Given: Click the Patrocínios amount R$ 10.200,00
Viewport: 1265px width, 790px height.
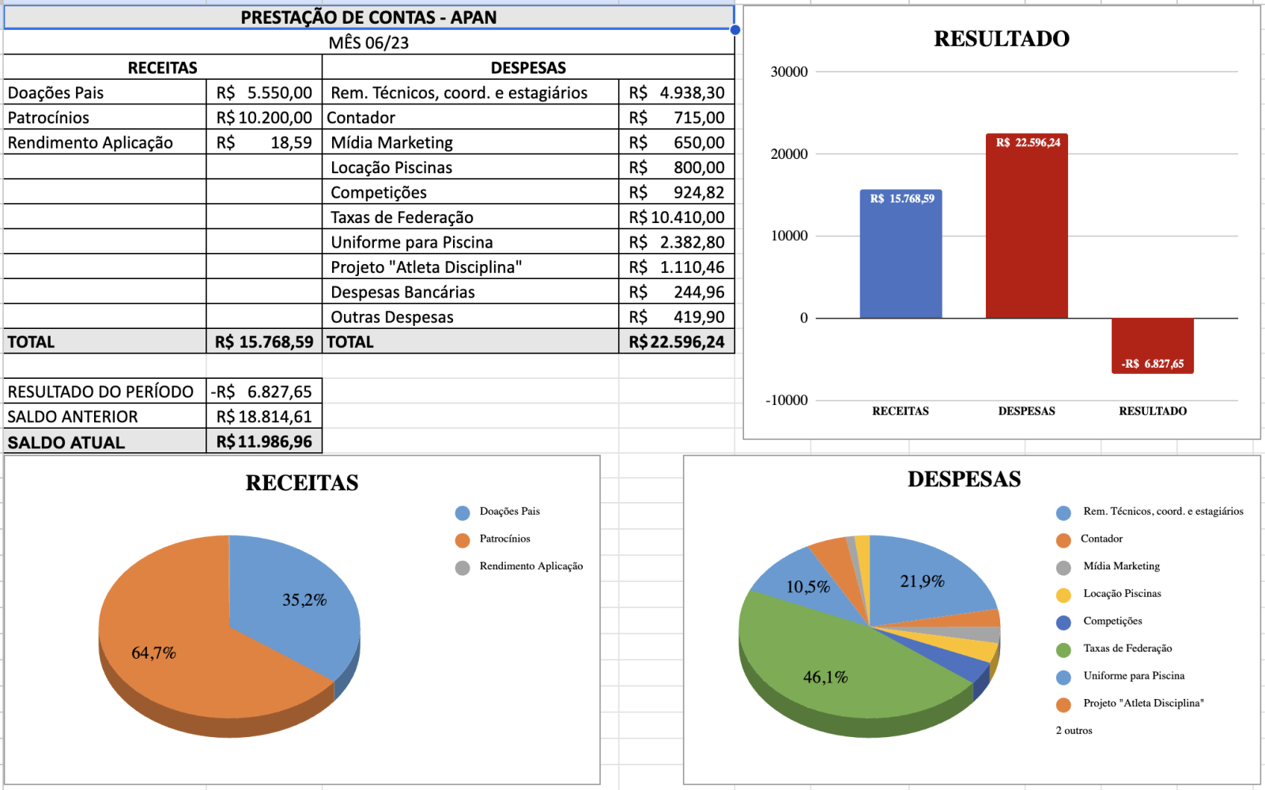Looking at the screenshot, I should [264, 118].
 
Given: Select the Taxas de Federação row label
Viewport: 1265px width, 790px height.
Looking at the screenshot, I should [402, 217].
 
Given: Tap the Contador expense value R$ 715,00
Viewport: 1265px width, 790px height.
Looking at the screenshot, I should [677, 118].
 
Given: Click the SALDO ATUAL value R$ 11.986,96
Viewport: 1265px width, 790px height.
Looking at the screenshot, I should [264, 442].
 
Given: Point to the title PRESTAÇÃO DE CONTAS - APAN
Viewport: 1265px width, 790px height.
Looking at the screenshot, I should [368, 17].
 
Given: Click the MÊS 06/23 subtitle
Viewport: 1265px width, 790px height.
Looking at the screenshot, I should [368, 43].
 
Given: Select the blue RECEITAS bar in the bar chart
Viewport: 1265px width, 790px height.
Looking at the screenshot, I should [901, 261].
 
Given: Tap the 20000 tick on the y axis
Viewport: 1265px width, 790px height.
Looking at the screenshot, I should [789, 154].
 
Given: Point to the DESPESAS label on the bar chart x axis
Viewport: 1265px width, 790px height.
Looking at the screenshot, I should [1026, 411].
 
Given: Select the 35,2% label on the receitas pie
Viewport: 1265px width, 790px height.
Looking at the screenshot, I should [304, 600].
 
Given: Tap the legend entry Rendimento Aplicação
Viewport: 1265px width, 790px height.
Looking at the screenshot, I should [531, 566].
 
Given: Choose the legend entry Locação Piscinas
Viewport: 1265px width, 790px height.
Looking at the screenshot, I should [1122, 594].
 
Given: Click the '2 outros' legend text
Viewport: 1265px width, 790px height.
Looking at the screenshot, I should [1074, 731].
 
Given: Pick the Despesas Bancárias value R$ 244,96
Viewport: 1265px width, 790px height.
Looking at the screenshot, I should [677, 293].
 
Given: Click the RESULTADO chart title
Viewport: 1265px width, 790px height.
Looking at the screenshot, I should [1001, 39].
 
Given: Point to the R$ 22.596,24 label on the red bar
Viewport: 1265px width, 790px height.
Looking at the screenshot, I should [1027, 143].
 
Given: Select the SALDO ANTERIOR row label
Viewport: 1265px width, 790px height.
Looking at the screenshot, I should [73, 417].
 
